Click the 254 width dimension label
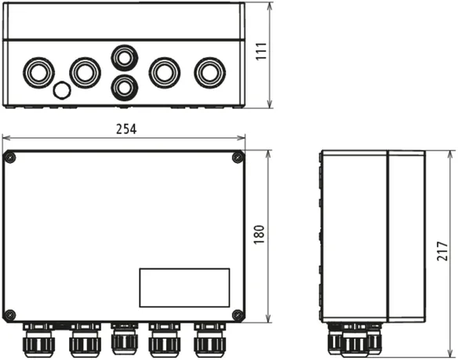(x=126, y=129)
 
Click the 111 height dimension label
(x=261, y=52)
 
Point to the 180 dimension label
(x=259, y=235)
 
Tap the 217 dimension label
(x=442, y=251)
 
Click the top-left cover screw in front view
(x=10, y=158)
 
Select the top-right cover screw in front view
(x=238, y=158)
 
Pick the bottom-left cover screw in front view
(x=10, y=315)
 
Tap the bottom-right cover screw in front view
(x=238, y=315)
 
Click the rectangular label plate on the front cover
(x=184, y=288)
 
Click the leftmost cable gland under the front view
(x=38, y=340)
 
